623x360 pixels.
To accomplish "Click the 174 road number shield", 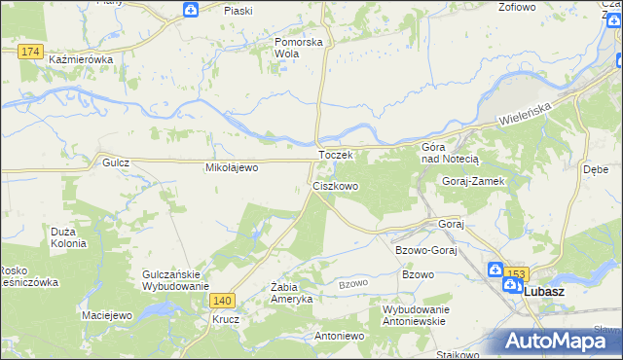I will (29, 50).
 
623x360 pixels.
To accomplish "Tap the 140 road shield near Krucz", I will (223, 302).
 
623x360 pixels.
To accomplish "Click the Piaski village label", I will (238, 10).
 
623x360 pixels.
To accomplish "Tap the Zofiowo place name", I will (516, 7).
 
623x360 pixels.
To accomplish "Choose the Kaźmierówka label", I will (81, 59).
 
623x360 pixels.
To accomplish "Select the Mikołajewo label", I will (231, 167).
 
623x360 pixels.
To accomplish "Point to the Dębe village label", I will (595, 167).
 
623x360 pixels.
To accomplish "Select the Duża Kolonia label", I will (69, 237).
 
